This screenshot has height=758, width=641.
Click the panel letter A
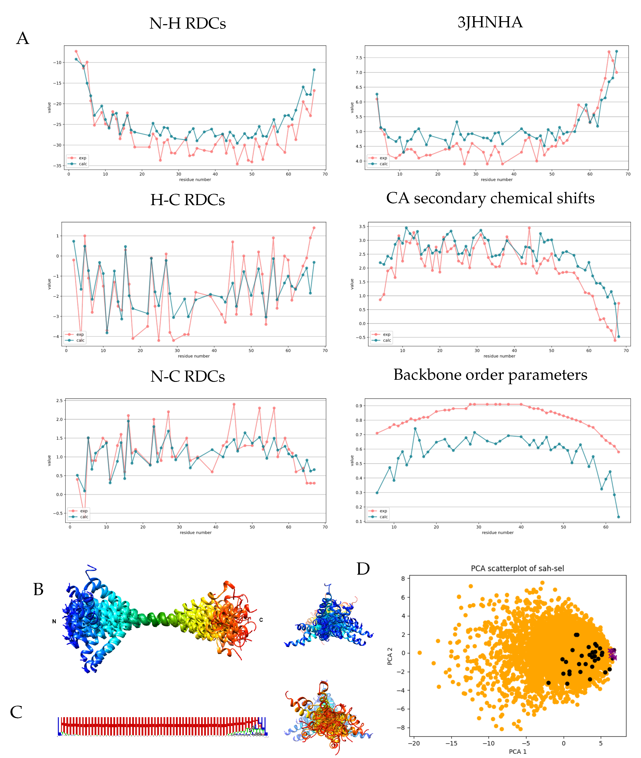(x=22, y=38)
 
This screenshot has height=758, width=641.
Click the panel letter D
(x=363, y=569)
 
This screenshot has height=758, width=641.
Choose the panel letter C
(x=16, y=712)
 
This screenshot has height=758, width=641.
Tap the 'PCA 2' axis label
(x=390, y=656)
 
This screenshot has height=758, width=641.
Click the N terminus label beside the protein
(x=54, y=621)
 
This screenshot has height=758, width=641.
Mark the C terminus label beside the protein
(x=261, y=620)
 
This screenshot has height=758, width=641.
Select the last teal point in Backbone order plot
(x=619, y=517)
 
